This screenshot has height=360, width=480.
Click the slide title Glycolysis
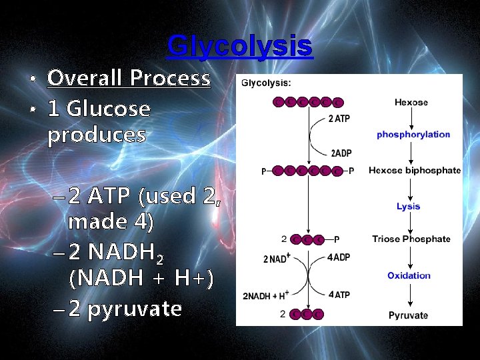click(239, 45)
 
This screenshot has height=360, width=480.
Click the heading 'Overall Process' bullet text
click(129, 79)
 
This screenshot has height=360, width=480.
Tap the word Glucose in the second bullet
click(109, 108)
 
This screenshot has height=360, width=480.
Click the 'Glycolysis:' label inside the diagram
click(265, 83)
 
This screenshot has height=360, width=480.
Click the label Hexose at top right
click(411, 102)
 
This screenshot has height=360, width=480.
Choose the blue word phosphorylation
click(413, 134)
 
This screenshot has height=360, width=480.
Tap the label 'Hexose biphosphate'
click(414, 170)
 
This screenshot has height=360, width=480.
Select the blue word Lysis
click(408, 206)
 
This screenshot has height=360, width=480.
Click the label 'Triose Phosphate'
click(411, 239)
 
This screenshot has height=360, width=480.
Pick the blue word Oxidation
click(409, 275)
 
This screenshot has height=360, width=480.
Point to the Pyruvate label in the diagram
click(409, 315)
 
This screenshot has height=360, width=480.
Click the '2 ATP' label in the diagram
click(339, 119)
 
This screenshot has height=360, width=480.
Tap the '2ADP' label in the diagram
click(342, 153)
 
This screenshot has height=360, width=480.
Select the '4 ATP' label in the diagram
click(339, 295)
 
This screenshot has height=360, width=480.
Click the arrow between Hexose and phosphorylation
click(412, 118)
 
